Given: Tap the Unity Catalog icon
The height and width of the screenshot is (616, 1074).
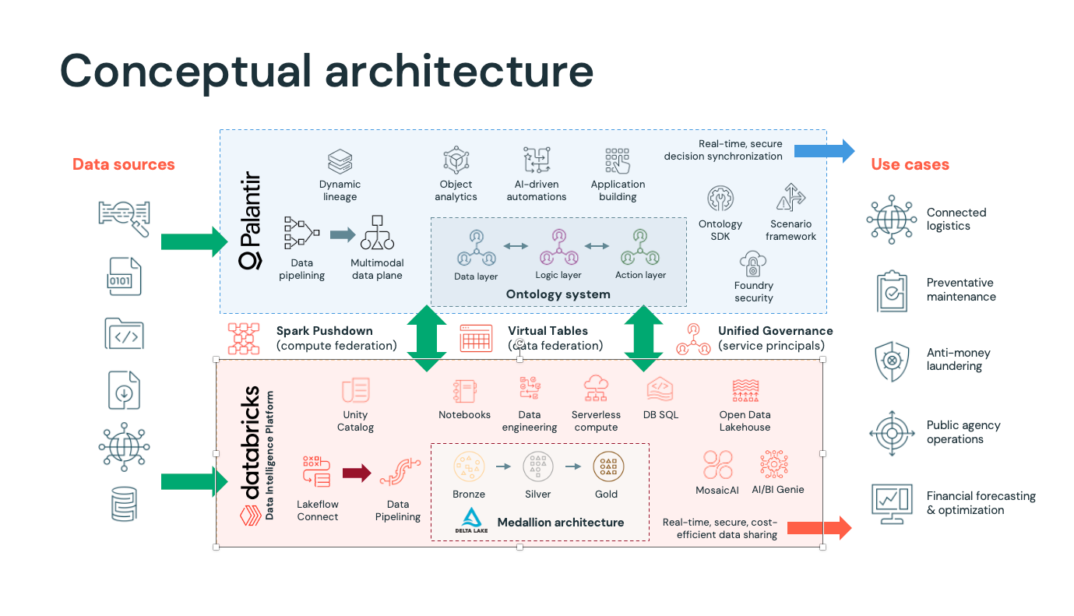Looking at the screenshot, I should point(355,390).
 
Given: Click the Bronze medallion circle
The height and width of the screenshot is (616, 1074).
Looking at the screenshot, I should point(468,466).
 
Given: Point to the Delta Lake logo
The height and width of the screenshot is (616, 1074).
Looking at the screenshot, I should point(471,521).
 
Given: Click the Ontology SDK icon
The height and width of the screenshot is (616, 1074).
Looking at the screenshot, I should point(720,199).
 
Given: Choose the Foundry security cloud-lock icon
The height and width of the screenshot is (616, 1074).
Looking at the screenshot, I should point(753,265).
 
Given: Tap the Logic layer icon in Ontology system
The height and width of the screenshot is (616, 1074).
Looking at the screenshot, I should point(558,247).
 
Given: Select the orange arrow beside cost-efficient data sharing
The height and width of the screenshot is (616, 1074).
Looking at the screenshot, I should point(819,528).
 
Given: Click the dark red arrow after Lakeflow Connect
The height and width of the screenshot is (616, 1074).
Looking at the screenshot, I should point(357,473).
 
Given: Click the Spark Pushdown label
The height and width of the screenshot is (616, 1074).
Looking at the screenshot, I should point(325,331).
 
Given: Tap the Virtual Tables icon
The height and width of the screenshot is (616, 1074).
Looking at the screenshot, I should point(476,339).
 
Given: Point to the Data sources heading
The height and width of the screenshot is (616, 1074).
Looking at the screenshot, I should point(123,164).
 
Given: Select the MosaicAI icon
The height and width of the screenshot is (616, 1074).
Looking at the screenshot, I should point(717,465).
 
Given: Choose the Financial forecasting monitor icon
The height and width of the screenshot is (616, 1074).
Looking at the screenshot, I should point(892,503).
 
